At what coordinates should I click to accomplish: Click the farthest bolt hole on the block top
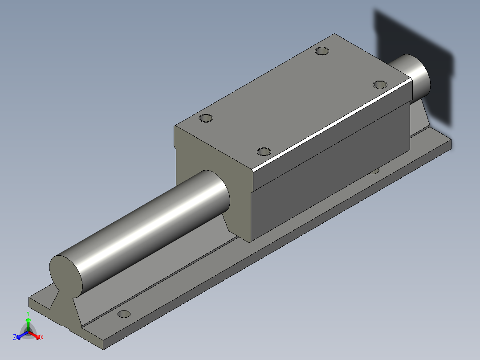tap(321, 51)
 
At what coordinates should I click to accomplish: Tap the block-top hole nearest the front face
tap(206, 119)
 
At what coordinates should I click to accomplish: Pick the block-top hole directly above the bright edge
tap(264, 151)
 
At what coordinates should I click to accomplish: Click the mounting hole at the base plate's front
tap(124, 314)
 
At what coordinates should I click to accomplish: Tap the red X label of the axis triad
tap(42, 338)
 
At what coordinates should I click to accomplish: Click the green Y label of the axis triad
tap(28, 313)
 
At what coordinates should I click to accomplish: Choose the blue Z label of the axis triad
tap(15, 337)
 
